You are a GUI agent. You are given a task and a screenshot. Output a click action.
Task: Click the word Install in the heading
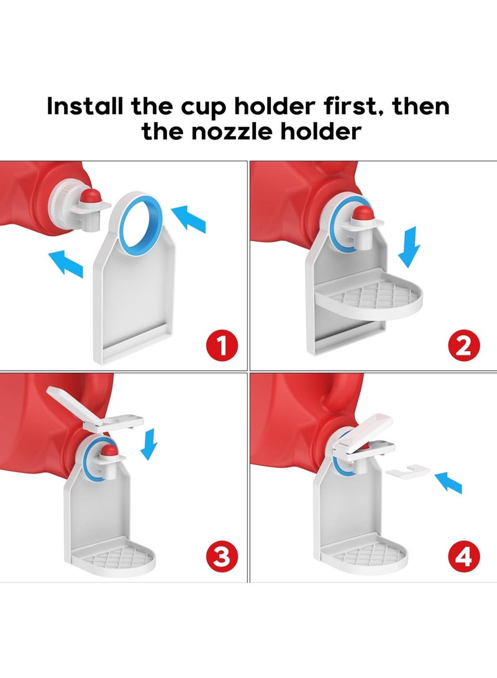click(x=86, y=106)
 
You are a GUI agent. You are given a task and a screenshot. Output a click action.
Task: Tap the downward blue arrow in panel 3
click(x=150, y=447)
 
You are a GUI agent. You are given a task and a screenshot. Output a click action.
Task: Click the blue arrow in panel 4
click(x=448, y=482)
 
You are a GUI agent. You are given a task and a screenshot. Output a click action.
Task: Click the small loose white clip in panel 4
click(x=406, y=472)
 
